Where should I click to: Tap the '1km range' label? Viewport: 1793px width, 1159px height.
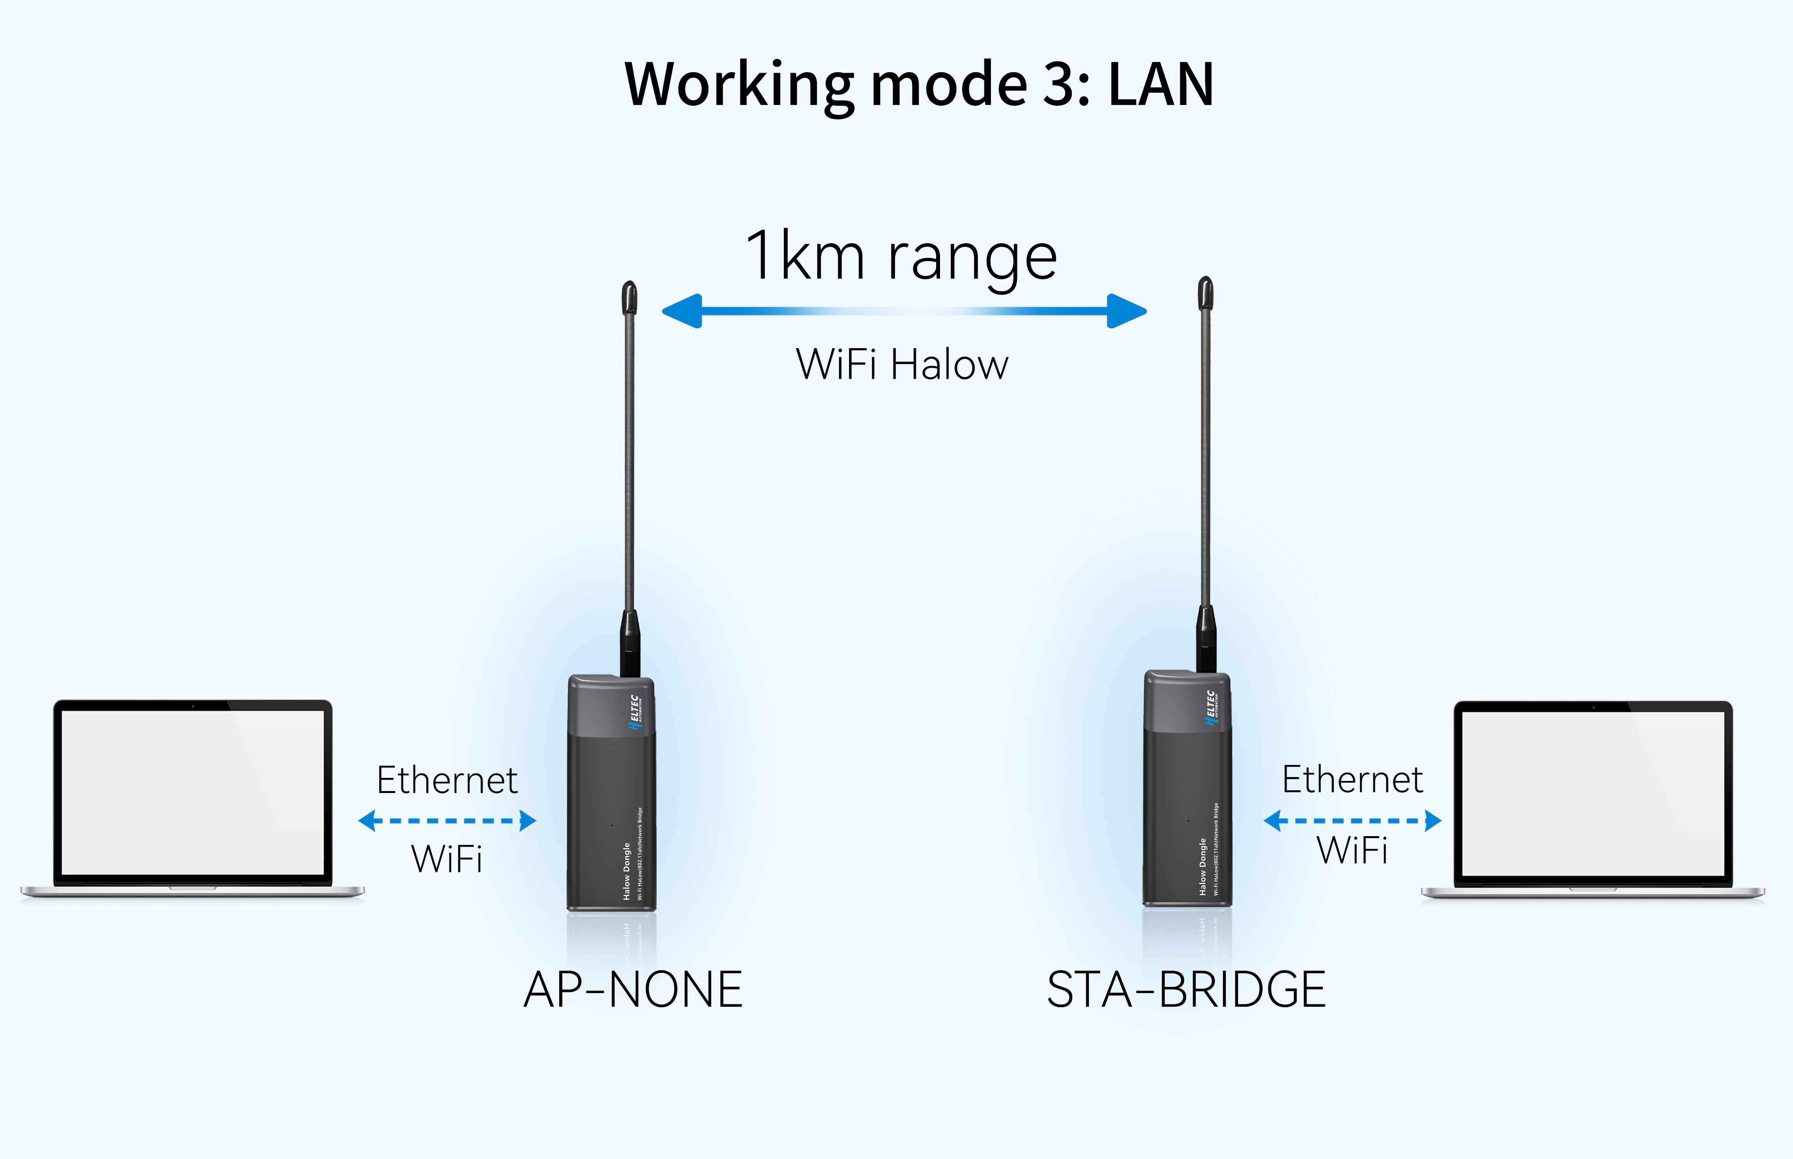[901, 256]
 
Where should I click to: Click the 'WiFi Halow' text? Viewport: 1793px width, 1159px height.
[902, 365]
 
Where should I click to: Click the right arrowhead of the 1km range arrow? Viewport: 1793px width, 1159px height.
[1127, 311]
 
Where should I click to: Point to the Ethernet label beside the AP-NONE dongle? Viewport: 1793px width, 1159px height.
[447, 780]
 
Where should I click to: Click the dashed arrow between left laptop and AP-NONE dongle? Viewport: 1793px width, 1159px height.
[447, 820]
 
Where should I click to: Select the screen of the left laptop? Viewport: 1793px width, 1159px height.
[193, 793]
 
